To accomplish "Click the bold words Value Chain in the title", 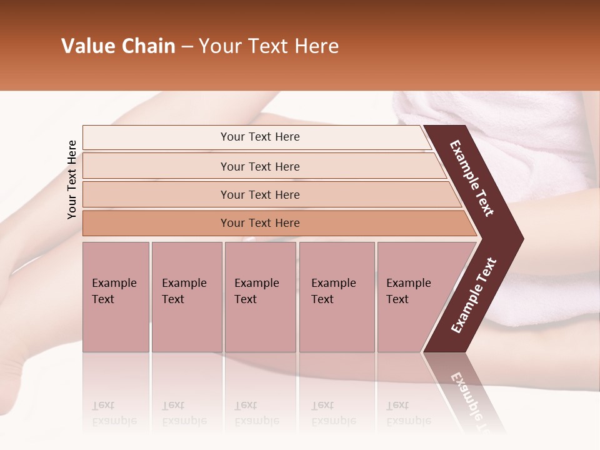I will tap(118, 46).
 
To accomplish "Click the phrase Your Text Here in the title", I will tap(269, 46).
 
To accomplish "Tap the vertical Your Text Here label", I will tap(72, 179).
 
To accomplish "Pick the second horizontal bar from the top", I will tap(260, 166).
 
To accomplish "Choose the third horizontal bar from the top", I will tap(260, 194).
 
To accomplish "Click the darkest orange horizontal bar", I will tap(260, 223).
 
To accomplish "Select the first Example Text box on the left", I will tap(116, 297).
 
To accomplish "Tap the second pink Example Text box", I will tap(186, 297).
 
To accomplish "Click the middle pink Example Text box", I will tap(260, 297).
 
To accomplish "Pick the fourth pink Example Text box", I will tap(336, 297).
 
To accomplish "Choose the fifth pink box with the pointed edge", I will tap(412, 297).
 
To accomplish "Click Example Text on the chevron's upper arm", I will tap(472, 178).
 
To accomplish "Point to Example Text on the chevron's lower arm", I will tap(473, 296).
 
